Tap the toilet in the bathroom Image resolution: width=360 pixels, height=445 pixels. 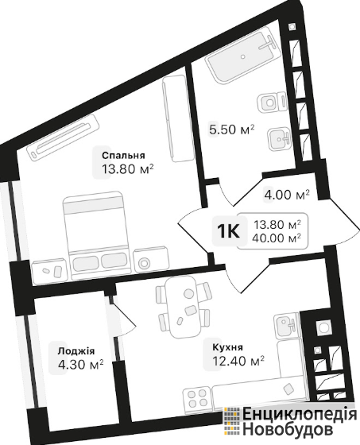point(272,102)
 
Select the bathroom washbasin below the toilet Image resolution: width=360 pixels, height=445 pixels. point(279,139)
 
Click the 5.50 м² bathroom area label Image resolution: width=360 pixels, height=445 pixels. point(231,130)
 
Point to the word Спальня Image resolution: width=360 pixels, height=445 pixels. point(124,156)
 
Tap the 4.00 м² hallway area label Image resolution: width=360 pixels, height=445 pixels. point(286,195)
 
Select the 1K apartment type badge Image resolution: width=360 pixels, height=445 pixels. point(229,231)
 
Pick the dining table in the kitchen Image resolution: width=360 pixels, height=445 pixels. point(183,307)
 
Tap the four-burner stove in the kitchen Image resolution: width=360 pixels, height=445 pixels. point(196,398)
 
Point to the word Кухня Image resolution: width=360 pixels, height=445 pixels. point(227,347)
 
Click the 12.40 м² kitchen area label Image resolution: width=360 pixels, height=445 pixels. point(238,361)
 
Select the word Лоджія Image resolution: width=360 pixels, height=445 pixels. point(75,351)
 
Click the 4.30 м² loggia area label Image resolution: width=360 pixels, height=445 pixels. point(80,365)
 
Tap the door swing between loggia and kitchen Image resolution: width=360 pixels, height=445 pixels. point(122,317)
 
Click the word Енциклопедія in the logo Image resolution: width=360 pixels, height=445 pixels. point(300,415)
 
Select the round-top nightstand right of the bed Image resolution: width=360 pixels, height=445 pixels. point(150,261)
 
